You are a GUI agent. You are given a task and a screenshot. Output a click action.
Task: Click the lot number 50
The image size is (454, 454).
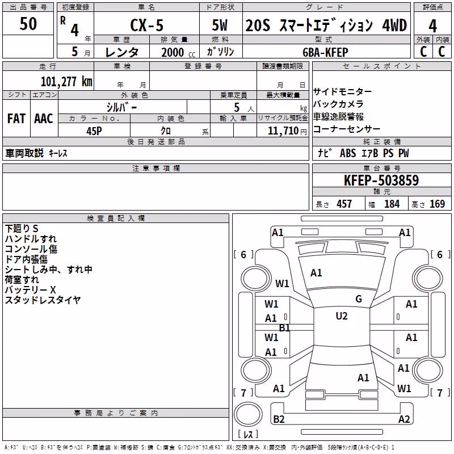pyautogui.click(x=28, y=23)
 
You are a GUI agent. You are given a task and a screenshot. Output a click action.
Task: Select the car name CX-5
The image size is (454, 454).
pyautogui.click(x=147, y=25)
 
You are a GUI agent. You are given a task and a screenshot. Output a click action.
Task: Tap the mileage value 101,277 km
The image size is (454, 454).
pyautogui.click(x=66, y=81)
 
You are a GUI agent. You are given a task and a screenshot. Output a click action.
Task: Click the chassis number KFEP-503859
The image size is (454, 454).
pyautogui.click(x=381, y=180)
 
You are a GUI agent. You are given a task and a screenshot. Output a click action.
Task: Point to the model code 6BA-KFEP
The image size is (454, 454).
pyautogui.click(x=325, y=52)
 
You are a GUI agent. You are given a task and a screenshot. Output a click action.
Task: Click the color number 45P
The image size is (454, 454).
pyautogui.click(x=94, y=131)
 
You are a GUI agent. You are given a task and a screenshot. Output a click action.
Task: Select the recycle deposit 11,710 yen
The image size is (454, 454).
pyautogui.click(x=287, y=131)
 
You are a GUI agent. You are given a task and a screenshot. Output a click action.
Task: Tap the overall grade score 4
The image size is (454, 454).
pyautogui.click(x=432, y=26)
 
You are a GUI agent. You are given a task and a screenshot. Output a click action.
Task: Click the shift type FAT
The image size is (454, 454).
pyautogui.click(x=16, y=119)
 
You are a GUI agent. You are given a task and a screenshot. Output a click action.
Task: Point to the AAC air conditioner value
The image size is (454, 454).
pyautogui.click(x=44, y=119)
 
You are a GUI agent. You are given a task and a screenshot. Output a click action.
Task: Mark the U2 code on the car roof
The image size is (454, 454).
pyautogui.click(x=342, y=316)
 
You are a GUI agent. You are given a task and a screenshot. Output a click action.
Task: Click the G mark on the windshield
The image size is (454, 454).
pyautogui.click(x=359, y=299)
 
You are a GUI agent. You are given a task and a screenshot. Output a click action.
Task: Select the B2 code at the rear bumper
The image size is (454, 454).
pyautogui.click(x=279, y=419)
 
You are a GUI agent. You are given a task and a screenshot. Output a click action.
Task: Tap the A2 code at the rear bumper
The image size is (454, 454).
pyautogui.click(x=404, y=419)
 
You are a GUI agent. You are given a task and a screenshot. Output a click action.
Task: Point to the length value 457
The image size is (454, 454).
pyautogui.click(x=344, y=204)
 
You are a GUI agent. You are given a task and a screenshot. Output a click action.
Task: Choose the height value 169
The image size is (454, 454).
pyautogui.click(x=437, y=204)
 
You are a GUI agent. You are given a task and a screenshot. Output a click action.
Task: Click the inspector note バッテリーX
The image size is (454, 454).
pyautogui.click(x=30, y=289)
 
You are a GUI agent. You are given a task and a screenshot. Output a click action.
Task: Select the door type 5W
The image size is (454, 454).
pyautogui.click(x=220, y=25)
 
